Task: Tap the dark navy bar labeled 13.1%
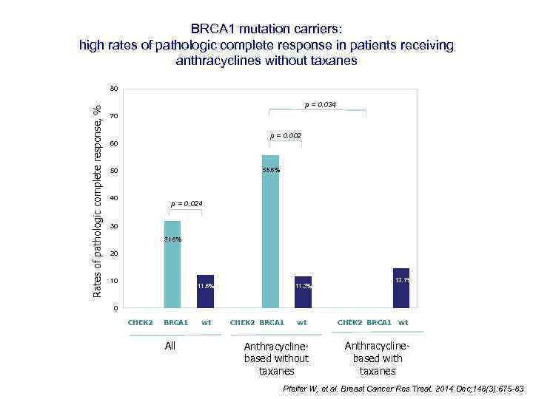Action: pos(400,288)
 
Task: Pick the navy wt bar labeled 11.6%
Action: pos(205,291)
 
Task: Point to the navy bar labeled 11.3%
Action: pos(303,292)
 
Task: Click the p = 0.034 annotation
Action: pos(320,105)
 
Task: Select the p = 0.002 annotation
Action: pos(286,136)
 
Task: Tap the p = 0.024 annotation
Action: pos(187,203)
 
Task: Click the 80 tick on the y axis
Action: pos(113,89)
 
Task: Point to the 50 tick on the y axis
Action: pos(113,171)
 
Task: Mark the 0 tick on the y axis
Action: pos(115,308)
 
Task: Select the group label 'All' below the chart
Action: pos(170,346)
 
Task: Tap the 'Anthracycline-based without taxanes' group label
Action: pos(276,358)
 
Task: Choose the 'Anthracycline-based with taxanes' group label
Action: pos(378,358)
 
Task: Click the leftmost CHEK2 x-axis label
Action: pos(140,322)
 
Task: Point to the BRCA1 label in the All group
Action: pos(175,322)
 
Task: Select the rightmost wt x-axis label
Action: pos(403,322)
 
